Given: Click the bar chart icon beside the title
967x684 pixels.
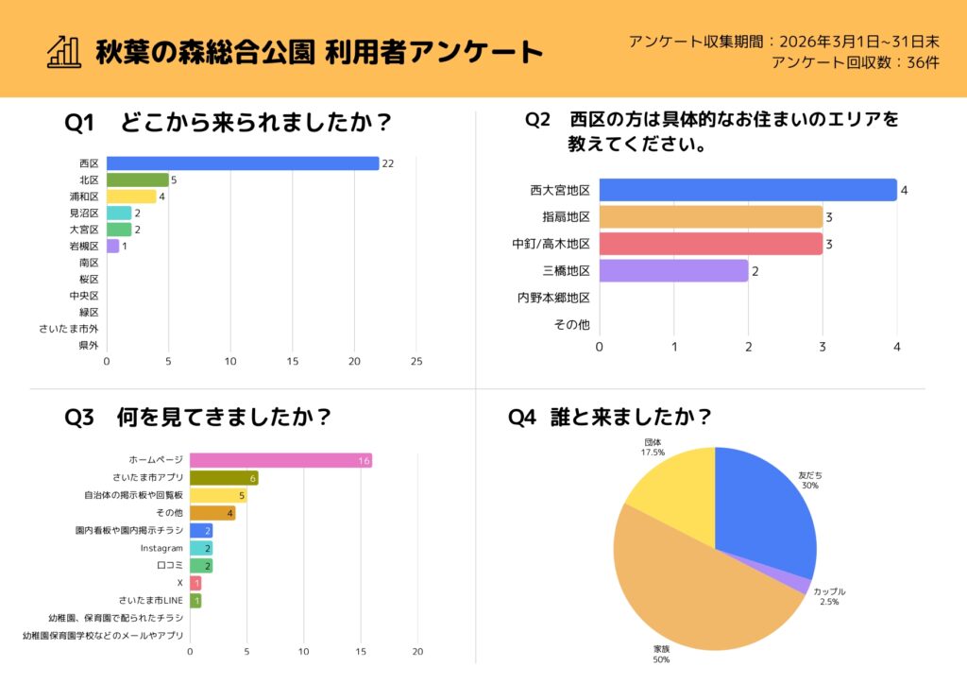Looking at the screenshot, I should click(x=63, y=51).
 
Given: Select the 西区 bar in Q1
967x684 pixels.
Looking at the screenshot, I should click(x=242, y=163).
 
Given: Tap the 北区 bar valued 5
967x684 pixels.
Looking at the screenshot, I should click(x=137, y=180).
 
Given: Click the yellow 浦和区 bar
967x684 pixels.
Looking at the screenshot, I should click(x=130, y=197).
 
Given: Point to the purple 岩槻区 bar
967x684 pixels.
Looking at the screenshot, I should click(x=112, y=246).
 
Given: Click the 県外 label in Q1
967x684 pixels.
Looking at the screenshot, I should click(x=89, y=345).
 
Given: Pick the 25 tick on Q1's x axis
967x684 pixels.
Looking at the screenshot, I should click(x=416, y=362).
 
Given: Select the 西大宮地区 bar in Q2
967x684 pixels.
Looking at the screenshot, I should click(x=747, y=190).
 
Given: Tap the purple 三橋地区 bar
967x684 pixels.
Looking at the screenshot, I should click(x=673, y=271).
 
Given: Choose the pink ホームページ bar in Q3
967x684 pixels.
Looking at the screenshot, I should click(x=280, y=460).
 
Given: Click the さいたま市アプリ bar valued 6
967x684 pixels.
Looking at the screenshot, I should click(x=224, y=478).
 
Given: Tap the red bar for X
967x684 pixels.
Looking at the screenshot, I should click(x=195, y=583).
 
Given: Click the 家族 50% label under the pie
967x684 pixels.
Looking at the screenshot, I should click(x=661, y=654).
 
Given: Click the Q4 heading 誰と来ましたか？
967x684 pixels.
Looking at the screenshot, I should click(x=609, y=417).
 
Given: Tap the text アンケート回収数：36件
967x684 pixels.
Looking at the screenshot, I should click(x=855, y=62).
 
